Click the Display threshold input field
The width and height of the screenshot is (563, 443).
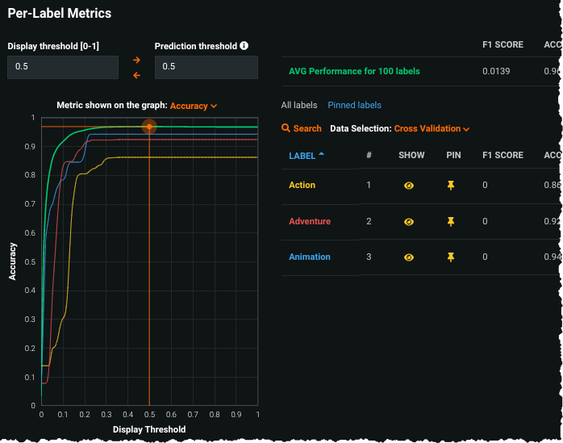tap(63, 67)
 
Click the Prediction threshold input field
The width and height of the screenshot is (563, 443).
tap(206, 67)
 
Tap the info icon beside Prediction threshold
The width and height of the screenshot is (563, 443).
tap(244, 46)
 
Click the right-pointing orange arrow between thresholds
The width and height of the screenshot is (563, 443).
tap(136, 60)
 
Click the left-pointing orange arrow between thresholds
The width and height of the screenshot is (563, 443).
tap(136, 75)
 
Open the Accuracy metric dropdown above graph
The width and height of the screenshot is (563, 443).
tap(194, 106)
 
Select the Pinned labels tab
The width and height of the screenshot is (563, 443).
tap(354, 105)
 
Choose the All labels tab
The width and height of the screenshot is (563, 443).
tap(299, 105)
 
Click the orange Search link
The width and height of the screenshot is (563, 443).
tap(302, 128)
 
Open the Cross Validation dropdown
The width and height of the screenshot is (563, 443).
tap(432, 128)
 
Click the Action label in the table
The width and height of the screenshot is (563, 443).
tap(302, 185)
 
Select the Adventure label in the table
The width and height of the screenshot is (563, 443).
tap(310, 221)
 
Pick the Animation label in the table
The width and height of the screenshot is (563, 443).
tap(310, 257)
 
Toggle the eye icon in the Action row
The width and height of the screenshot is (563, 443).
tap(409, 186)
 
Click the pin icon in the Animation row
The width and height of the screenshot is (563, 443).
tap(451, 257)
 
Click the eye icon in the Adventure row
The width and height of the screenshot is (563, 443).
tap(409, 221)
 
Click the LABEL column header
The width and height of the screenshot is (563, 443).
tap(302, 155)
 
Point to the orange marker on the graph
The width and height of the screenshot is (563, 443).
tap(149, 127)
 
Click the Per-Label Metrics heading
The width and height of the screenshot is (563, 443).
tap(60, 14)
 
